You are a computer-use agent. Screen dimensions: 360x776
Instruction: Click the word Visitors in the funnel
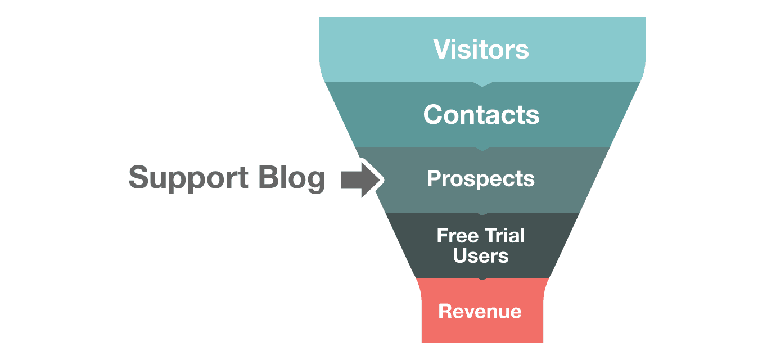(x=481, y=49)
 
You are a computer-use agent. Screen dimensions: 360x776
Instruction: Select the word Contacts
(x=481, y=115)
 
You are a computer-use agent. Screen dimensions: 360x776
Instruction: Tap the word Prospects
(x=481, y=179)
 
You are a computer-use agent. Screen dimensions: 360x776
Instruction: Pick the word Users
(x=481, y=256)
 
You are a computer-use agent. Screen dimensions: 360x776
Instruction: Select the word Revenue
(x=480, y=311)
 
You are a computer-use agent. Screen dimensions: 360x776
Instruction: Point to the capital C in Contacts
(x=434, y=115)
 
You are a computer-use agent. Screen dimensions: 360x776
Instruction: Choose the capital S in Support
(x=140, y=178)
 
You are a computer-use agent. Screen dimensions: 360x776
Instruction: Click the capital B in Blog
(x=269, y=178)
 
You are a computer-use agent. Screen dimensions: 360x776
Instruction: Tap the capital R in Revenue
(x=445, y=311)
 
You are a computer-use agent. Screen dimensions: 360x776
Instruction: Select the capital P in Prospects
(x=432, y=179)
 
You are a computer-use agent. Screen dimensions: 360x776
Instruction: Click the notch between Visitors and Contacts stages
(x=482, y=84)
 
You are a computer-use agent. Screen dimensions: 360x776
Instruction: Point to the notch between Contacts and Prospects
(x=482, y=148)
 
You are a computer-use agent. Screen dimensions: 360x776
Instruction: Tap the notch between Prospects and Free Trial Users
(x=482, y=214)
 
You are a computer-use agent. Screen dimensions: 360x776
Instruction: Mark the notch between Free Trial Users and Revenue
(x=482, y=278)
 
